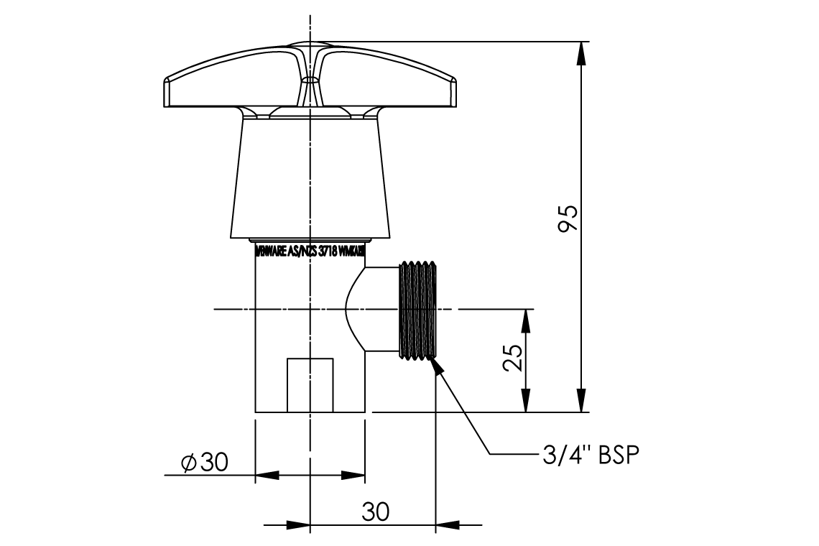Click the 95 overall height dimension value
568,219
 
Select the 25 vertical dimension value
512,358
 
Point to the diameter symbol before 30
189,463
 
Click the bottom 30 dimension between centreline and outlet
375,512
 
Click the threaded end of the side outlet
417,310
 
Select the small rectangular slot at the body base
310,384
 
